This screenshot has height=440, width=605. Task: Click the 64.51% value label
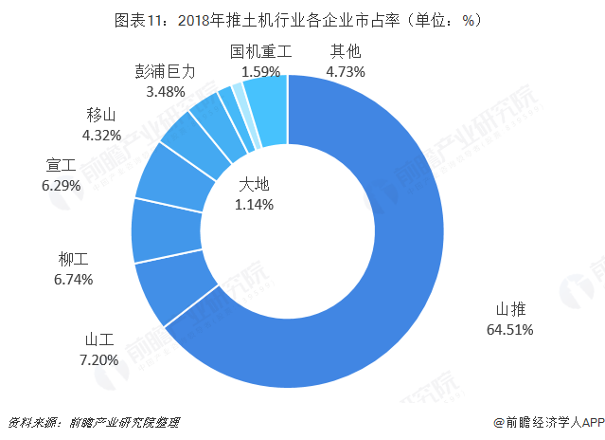[x=509, y=330]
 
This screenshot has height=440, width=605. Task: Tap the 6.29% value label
[x=62, y=187]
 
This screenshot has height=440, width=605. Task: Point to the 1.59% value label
[x=261, y=70]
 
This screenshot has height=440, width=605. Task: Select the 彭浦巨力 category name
[x=165, y=72]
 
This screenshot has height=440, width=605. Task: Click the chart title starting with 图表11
[x=302, y=19]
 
